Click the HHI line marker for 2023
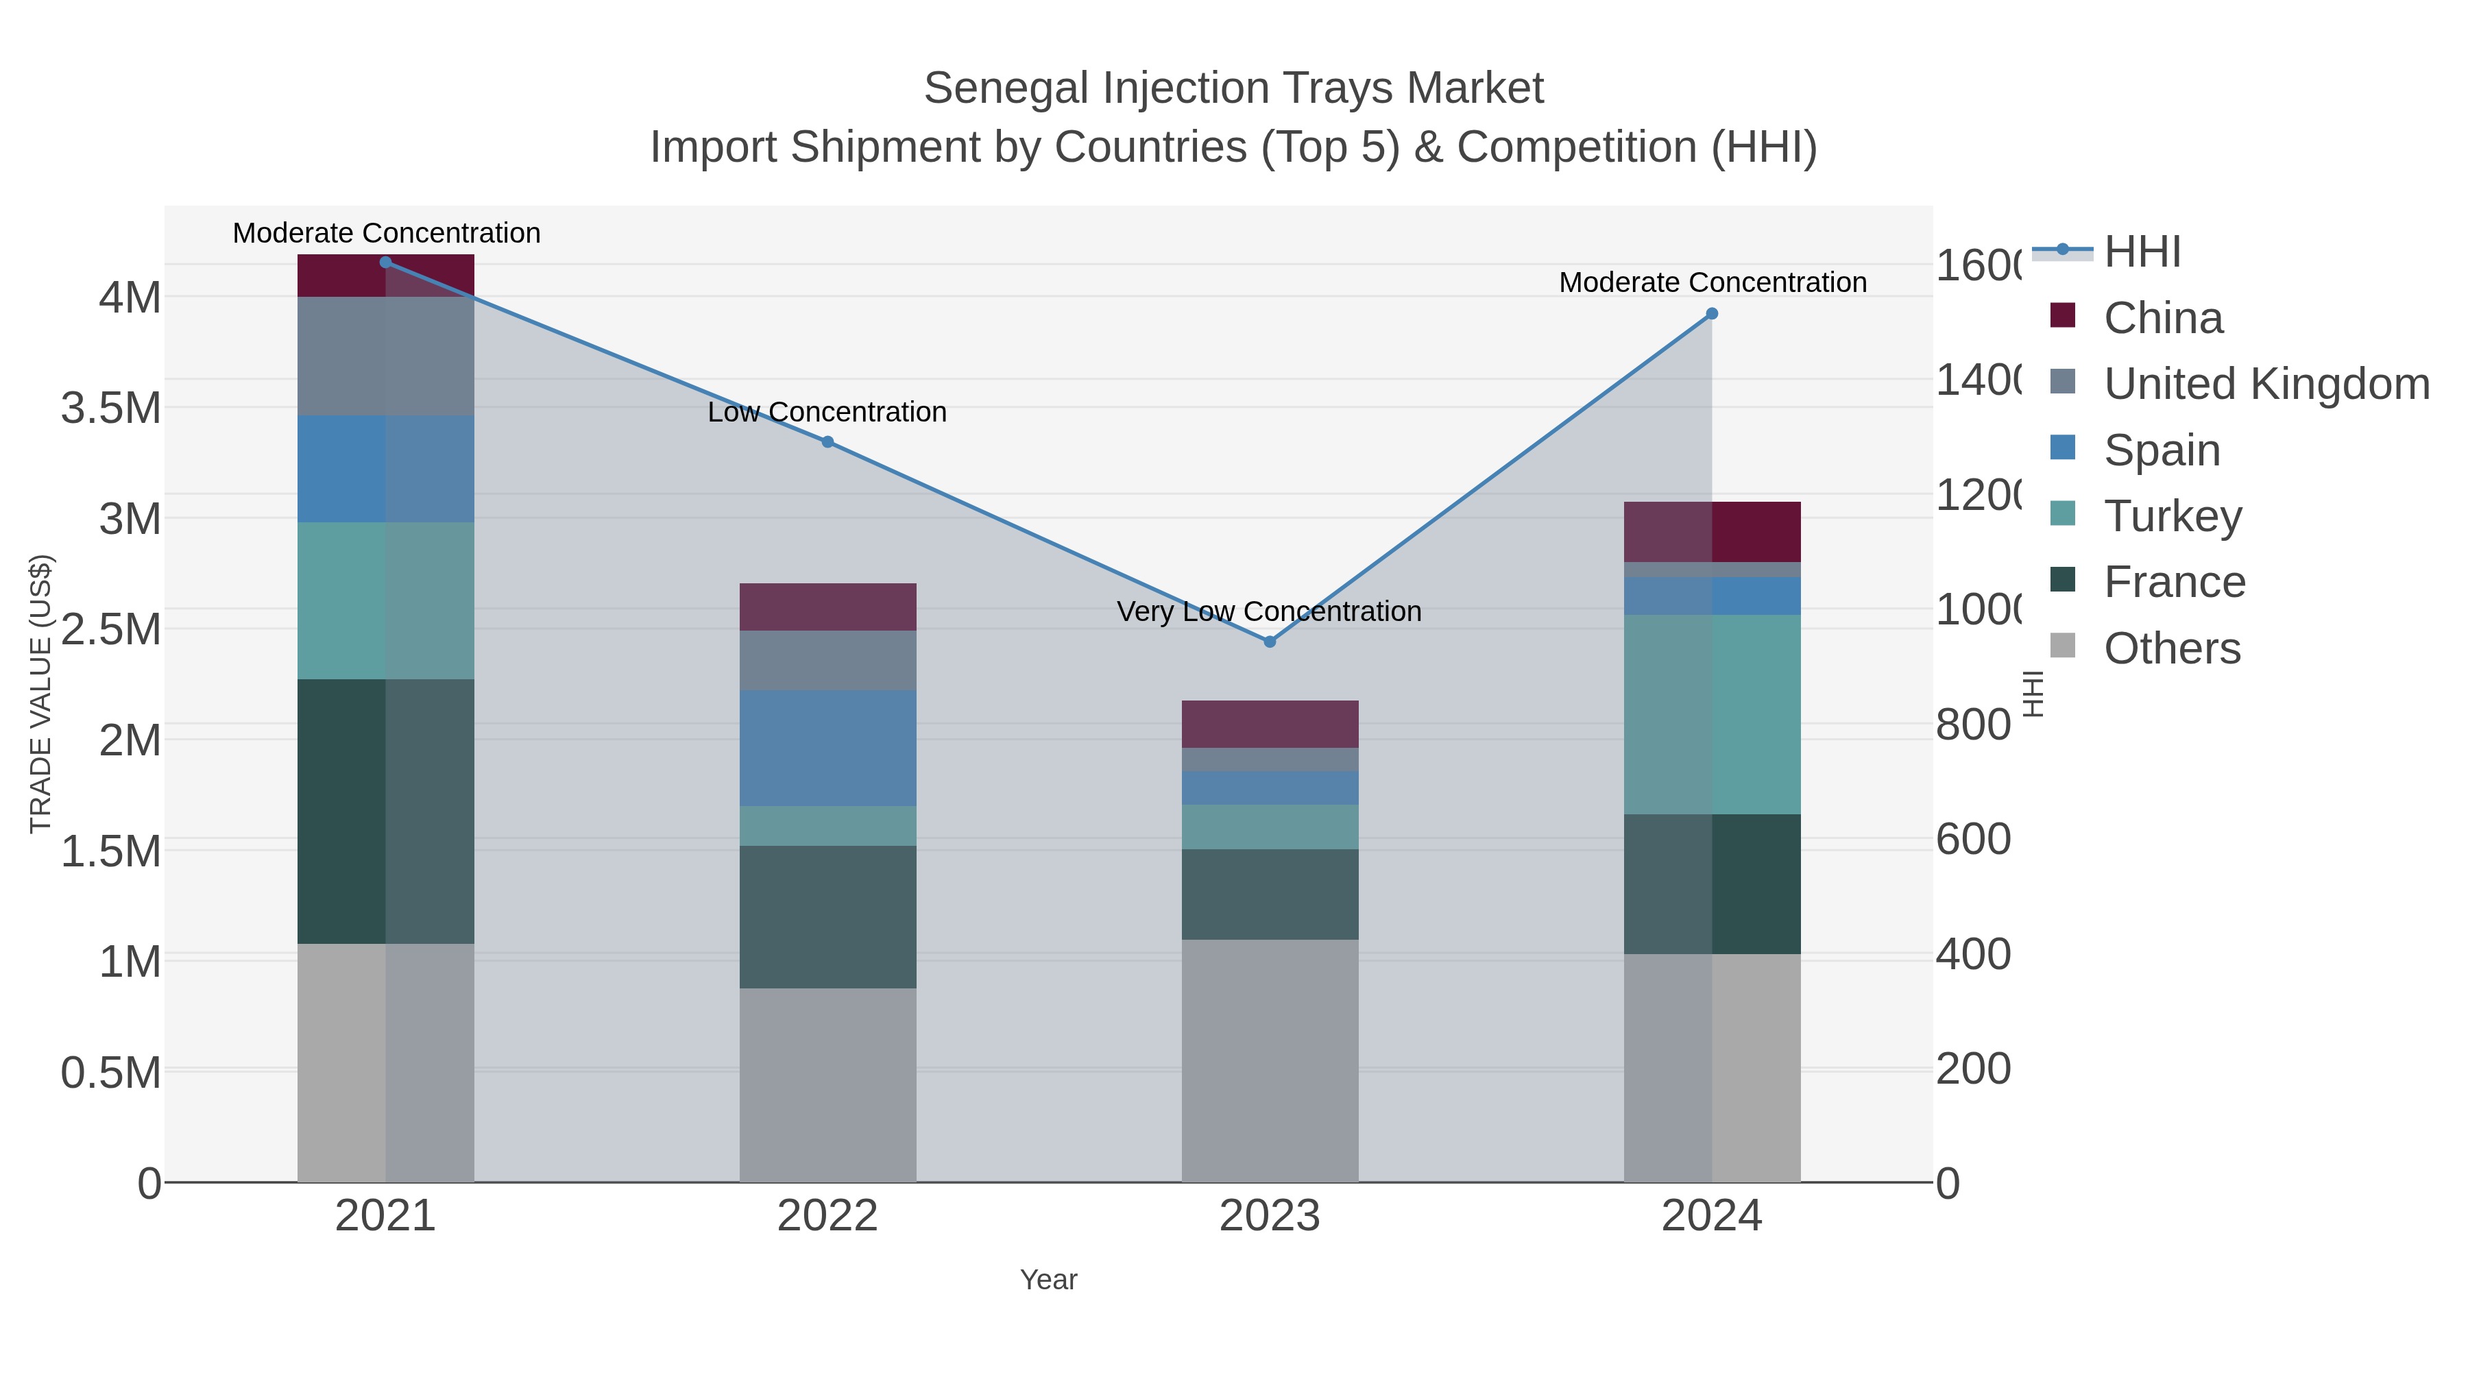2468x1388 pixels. pos(1270,642)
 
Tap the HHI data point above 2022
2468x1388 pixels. pos(827,441)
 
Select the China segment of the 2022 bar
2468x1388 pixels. pos(827,607)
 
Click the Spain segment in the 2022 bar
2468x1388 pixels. pos(827,747)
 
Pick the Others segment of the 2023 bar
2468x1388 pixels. pos(1270,1060)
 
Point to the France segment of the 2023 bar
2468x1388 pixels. pos(1270,894)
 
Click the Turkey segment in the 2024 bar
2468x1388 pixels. pos(1712,715)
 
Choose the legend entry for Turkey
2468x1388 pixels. pos(2172,516)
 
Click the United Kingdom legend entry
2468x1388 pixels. pos(2266,384)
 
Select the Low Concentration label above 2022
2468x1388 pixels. pos(827,412)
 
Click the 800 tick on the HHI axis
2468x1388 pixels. pos(1972,725)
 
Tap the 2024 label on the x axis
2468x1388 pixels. pos(1711,1217)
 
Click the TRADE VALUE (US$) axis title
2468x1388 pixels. pos(40,694)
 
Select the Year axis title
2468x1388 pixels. pos(1048,1280)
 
